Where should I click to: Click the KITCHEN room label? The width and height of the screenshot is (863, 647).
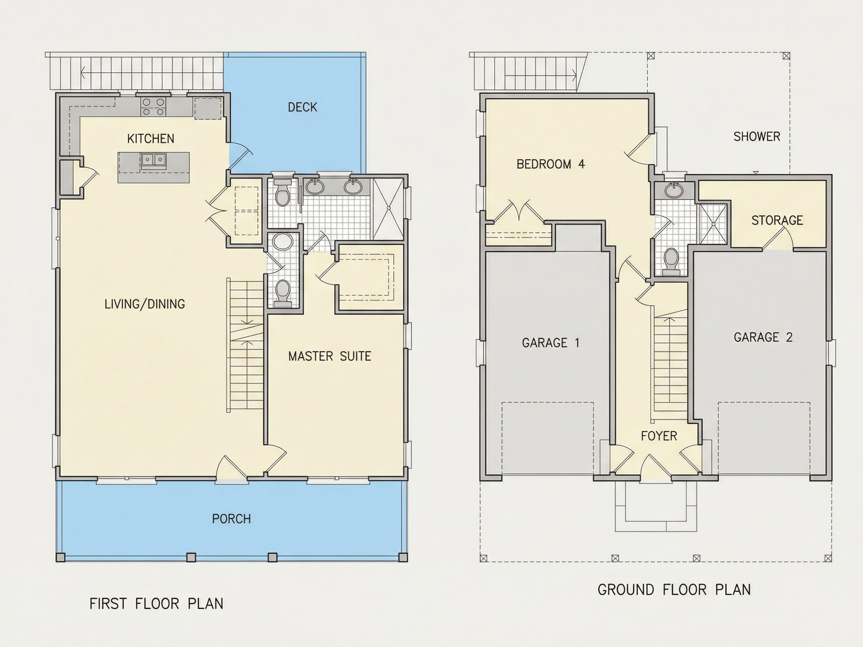tap(151, 139)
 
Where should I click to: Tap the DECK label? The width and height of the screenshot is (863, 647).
tap(302, 107)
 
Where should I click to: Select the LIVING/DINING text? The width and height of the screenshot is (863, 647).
tap(145, 304)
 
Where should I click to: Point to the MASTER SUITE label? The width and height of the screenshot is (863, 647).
tap(330, 356)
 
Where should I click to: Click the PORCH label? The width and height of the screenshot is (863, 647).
tap(231, 519)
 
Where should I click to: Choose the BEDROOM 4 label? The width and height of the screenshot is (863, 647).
tap(551, 164)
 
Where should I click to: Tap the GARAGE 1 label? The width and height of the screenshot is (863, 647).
tap(551, 343)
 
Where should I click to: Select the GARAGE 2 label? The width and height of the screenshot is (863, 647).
tap(763, 337)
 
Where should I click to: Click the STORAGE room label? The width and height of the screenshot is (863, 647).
tap(777, 220)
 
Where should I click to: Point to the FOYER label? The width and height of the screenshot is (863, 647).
tap(659, 436)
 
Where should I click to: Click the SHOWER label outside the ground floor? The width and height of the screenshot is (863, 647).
tap(757, 137)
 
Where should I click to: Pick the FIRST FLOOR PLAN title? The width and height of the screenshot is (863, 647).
tap(157, 604)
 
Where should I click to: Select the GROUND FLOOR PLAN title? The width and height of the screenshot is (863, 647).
tap(674, 590)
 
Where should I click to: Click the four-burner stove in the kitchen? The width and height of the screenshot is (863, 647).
tap(153, 106)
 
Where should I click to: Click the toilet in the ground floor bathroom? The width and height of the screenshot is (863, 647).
tap(671, 260)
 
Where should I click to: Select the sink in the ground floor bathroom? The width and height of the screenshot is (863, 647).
tap(674, 191)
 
